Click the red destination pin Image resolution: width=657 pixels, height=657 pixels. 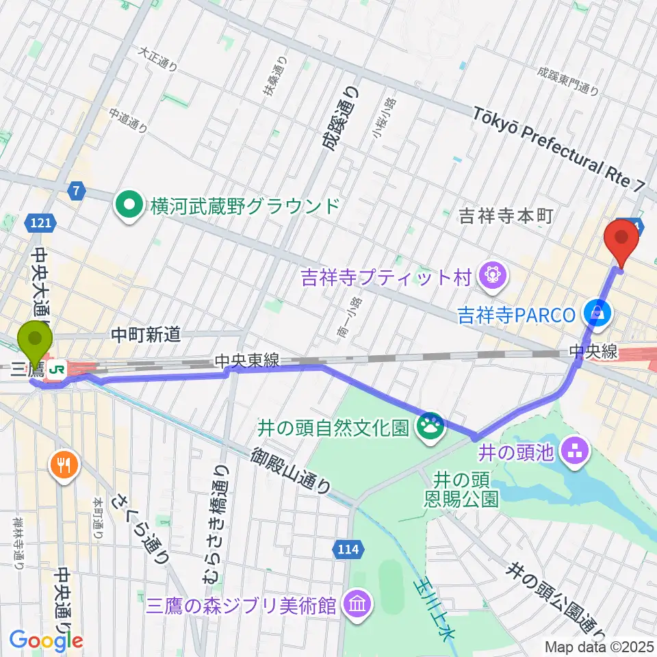622,238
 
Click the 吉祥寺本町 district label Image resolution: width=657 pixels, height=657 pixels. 507,217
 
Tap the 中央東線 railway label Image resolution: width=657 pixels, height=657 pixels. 246,360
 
